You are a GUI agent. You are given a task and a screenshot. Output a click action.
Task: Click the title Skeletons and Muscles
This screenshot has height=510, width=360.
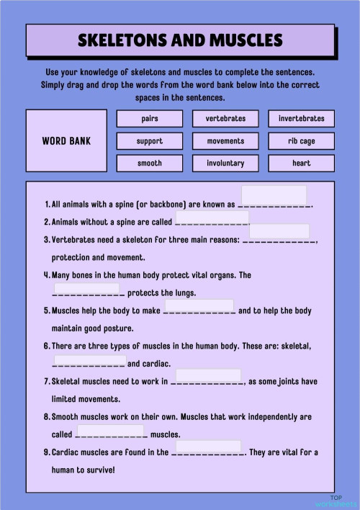[180, 40]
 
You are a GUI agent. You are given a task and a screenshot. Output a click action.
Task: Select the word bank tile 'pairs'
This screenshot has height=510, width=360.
[150, 118]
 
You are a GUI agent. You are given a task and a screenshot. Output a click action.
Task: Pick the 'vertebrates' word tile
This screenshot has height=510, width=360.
[225, 118]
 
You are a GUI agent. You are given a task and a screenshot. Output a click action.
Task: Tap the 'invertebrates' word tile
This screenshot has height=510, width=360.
[301, 118]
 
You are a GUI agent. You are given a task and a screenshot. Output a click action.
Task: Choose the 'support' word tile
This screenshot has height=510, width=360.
[150, 141]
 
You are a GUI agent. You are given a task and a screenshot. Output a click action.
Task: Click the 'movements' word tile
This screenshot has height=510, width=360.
[225, 141]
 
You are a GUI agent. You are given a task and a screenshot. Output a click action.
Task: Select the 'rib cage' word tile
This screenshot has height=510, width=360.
[301, 141]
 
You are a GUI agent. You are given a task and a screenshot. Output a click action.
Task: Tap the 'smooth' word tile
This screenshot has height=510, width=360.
[150, 164]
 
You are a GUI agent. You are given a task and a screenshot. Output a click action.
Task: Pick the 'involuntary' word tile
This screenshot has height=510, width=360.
[225, 164]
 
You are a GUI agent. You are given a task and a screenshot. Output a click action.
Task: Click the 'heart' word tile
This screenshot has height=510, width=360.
[301, 164]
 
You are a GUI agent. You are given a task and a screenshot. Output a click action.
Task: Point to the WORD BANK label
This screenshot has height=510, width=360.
[66, 141]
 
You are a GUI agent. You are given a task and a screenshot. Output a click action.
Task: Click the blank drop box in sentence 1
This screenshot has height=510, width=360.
[274, 195]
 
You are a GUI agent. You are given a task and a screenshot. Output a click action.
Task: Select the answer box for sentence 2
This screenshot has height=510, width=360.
[212, 218]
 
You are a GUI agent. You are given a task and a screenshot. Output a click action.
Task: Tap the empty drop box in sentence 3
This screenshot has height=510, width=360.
[279, 231]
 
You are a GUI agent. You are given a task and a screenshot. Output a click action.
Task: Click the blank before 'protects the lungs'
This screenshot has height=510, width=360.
[86, 288]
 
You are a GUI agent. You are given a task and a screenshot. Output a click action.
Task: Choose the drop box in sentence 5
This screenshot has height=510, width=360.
[199, 305]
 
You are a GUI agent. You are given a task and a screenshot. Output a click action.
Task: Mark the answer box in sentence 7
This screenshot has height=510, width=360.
[209, 375]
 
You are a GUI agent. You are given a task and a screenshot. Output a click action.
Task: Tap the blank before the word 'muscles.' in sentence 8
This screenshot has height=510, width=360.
[111, 430]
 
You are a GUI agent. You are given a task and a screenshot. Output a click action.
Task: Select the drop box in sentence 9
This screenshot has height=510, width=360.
[209, 447]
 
